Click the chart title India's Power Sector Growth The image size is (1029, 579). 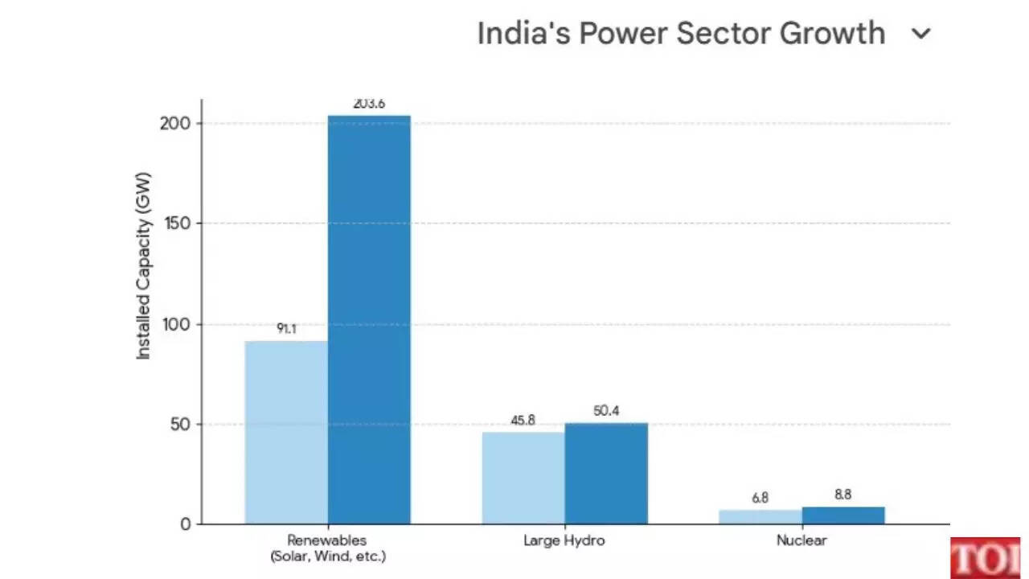coord(680,34)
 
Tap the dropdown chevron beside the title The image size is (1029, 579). coord(921,34)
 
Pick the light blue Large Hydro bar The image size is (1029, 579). coord(523,478)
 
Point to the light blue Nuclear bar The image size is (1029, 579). coord(760,516)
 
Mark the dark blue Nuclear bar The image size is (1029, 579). coord(842,515)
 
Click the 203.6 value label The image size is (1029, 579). coord(369,104)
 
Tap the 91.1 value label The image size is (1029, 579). coord(286,329)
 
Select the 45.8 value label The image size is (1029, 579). coord(523,421)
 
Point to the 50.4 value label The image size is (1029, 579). coord(606,411)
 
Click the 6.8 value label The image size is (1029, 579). coord(760,499)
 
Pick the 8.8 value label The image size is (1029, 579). coord(842,495)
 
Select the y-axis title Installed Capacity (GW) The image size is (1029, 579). coord(143,265)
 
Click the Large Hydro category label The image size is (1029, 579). coord(564,540)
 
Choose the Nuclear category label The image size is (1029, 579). coord(801,540)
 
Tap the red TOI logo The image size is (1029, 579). coord(985,558)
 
